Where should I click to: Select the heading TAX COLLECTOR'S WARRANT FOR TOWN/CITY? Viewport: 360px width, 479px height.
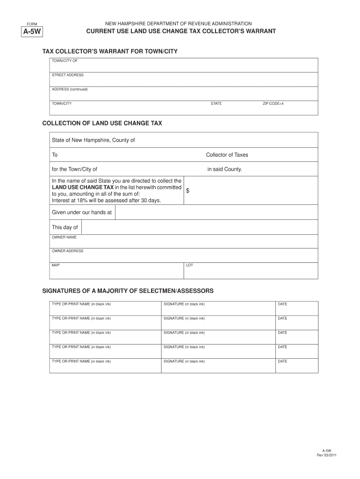pyautogui.click(x=110, y=51)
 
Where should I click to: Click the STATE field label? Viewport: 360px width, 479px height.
pyautogui.click(x=216, y=103)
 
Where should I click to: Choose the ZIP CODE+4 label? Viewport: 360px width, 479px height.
pyautogui.click(x=273, y=103)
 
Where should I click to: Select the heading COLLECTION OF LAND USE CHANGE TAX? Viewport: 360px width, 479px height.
pyautogui.click(x=102, y=123)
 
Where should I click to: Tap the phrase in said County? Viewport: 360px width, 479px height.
pyautogui.click(x=224, y=169)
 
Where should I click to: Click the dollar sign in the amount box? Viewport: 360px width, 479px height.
pyautogui.click(x=188, y=190)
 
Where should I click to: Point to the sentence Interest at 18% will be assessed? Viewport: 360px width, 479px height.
pyautogui.click(x=106, y=201)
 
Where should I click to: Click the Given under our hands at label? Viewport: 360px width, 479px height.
pyautogui.click(x=82, y=212)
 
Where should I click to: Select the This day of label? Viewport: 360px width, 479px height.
pyautogui.click(x=65, y=227)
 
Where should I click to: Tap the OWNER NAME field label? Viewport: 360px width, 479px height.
pyautogui.click(x=64, y=237)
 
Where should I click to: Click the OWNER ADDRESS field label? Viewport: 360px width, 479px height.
pyautogui.click(x=67, y=251)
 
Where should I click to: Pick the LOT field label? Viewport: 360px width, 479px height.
pyautogui.click(x=189, y=265)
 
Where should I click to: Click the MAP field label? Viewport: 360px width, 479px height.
pyautogui.click(x=56, y=265)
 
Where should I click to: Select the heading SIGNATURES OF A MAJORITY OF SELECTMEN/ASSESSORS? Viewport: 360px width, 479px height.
pyautogui.click(x=128, y=291)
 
